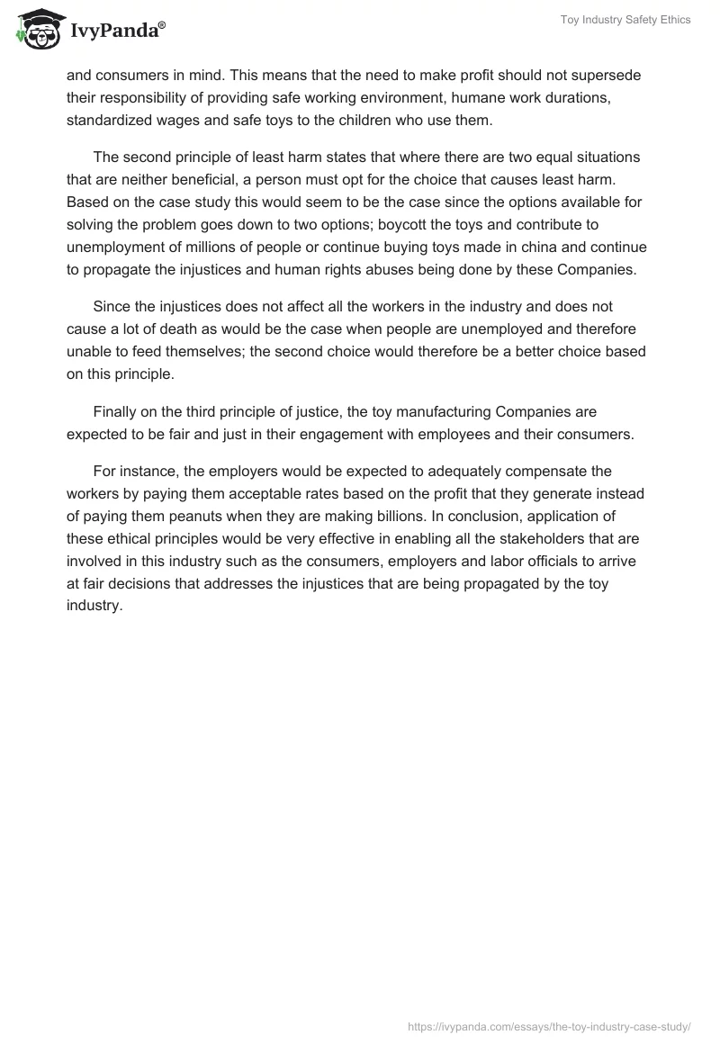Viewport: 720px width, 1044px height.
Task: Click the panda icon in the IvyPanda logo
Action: (x=36, y=31)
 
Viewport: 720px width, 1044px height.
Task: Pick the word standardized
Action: (x=109, y=119)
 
